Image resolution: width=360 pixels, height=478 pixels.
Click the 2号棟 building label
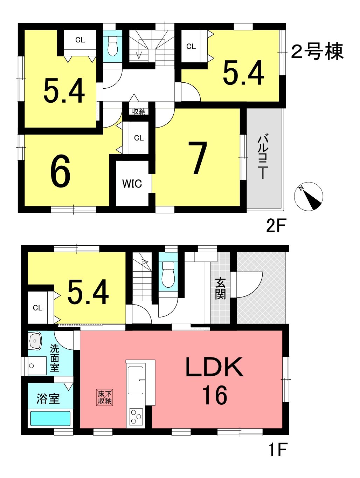point(317,52)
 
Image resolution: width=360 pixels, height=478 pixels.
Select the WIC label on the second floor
point(132,184)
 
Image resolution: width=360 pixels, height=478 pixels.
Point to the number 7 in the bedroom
point(197,158)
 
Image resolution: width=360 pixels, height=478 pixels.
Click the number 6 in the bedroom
point(60,171)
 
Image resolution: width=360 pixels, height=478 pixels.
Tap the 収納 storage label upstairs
point(139,111)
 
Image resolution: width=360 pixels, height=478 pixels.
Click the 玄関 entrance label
point(220,289)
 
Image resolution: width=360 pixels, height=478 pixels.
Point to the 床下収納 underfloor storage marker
point(105,398)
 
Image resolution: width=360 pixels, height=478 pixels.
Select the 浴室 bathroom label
point(48,399)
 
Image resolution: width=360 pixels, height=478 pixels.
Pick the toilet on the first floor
point(168,274)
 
